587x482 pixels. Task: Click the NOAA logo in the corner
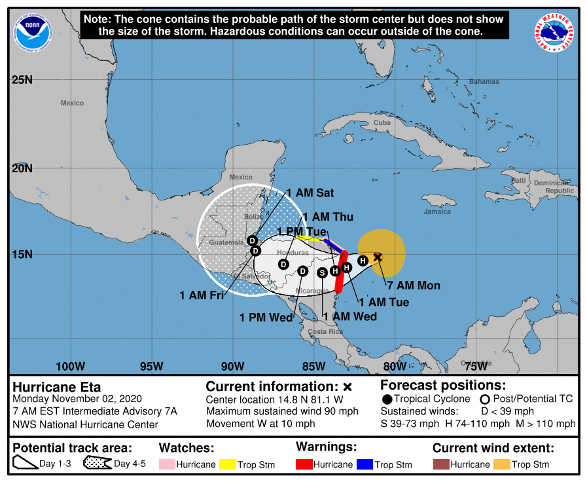(x=29, y=31)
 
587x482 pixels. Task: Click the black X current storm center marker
(x=378, y=257)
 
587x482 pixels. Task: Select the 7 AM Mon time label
(x=414, y=286)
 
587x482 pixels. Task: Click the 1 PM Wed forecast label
(x=266, y=318)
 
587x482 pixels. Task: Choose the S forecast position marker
(x=322, y=272)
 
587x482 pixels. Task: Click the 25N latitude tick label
(x=22, y=80)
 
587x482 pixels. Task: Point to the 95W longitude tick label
(x=151, y=365)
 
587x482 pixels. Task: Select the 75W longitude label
(x=475, y=365)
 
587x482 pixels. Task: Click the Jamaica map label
(x=437, y=212)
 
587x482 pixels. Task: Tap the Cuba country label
(x=382, y=123)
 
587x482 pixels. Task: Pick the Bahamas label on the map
(x=484, y=82)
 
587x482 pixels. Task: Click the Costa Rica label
(x=326, y=331)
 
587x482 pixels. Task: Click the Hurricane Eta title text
(x=57, y=386)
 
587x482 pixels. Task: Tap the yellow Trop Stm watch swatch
(x=227, y=464)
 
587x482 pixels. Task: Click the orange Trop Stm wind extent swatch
(x=502, y=464)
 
